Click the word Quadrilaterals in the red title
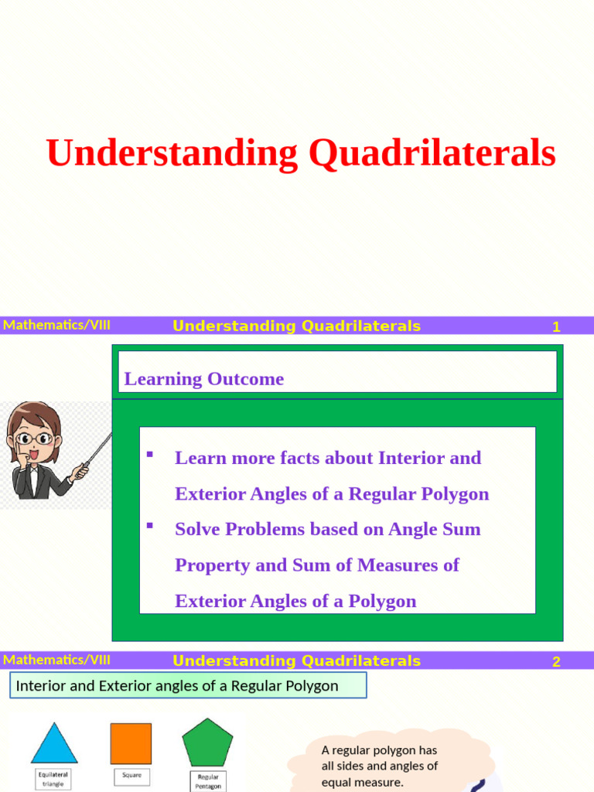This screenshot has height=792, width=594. tap(432, 153)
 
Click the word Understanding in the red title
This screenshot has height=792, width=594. tap(172, 153)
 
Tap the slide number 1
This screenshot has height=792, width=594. tap(555, 327)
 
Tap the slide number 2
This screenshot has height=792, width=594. tap(555, 662)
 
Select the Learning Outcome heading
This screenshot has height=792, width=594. tap(204, 379)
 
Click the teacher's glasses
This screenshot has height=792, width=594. tap(34, 438)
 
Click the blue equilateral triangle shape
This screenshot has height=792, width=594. tap(54, 744)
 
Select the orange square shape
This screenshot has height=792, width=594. tap(131, 743)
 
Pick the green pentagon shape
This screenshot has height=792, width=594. tap(207, 742)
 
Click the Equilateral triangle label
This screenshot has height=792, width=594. tap(54, 777)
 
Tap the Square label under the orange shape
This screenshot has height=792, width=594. tap(131, 774)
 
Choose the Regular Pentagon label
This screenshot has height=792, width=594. tap(208, 781)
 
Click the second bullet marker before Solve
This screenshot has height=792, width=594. tap(150, 526)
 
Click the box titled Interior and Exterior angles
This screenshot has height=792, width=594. tap(188, 686)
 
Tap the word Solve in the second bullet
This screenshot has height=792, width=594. tap(199, 530)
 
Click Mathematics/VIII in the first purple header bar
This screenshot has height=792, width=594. tap(56, 325)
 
